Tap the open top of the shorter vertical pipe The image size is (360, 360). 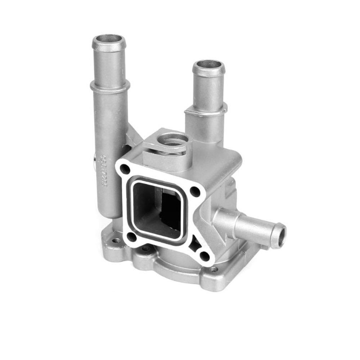tap(209, 65)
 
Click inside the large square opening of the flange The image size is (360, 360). tap(158, 209)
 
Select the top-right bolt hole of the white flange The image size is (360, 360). tap(195, 192)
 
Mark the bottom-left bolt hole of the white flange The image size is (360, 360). tap(132, 237)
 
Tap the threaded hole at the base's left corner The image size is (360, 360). tap(116, 240)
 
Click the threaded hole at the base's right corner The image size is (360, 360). tap(214, 269)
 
